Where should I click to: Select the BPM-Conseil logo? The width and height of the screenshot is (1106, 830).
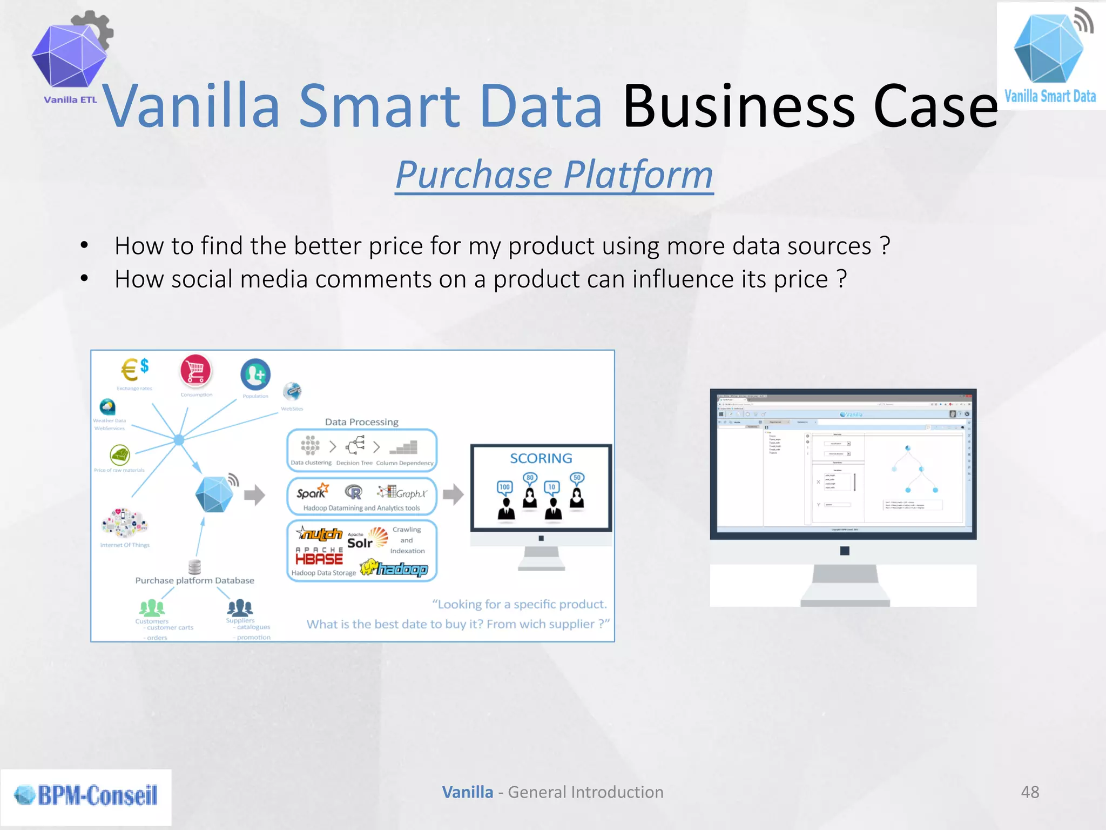[x=86, y=795]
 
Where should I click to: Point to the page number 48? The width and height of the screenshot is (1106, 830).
[x=1030, y=792]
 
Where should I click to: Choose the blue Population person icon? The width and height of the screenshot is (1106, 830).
[x=255, y=374]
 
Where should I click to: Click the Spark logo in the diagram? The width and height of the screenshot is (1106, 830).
[x=312, y=492]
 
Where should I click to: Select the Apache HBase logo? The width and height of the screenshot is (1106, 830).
[x=319, y=556]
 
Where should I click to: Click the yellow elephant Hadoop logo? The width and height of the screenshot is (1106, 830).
[x=394, y=568]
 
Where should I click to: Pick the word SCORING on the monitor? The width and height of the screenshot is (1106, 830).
[x=541, y=458]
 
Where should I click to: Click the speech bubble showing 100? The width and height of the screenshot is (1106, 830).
[x=504, y=487]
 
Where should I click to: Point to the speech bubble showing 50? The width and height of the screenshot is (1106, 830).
[x=577, y=478]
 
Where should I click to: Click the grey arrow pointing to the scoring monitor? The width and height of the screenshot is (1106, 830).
[x=453, y=494]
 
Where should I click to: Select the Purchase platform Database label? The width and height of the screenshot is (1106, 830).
[x=194, y=580]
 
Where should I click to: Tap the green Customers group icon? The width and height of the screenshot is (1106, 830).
[x=152, y=608]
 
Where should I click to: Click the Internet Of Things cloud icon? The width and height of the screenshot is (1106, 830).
[x=125, y=523]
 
